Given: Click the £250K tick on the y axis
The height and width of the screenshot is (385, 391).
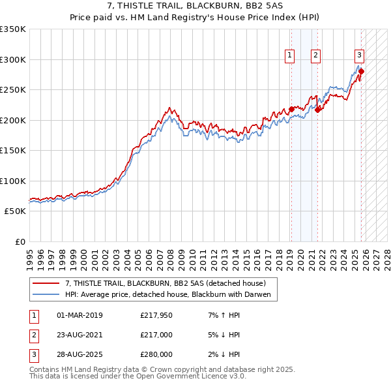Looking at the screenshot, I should point(13,89).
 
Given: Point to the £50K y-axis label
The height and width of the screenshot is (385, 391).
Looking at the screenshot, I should point(15,211).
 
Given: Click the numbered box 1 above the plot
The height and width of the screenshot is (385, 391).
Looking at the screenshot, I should point(289,56).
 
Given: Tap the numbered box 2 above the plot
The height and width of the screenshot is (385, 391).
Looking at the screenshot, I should point(315,56).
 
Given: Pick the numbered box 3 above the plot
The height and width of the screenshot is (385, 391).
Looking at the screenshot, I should point(359,56).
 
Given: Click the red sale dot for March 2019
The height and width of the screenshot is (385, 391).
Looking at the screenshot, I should point(291,109).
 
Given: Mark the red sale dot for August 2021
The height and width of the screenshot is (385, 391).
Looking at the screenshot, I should point(317,110).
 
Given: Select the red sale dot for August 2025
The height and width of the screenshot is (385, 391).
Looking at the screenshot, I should point(361,71).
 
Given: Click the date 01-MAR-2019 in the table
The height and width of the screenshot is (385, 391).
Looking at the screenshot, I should point(80,315).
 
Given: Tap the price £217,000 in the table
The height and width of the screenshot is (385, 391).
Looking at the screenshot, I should point(156,335).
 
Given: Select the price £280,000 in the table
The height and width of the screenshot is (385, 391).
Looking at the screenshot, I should point(156,354).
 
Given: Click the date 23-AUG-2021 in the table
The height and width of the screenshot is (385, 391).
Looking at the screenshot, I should point(80,335).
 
